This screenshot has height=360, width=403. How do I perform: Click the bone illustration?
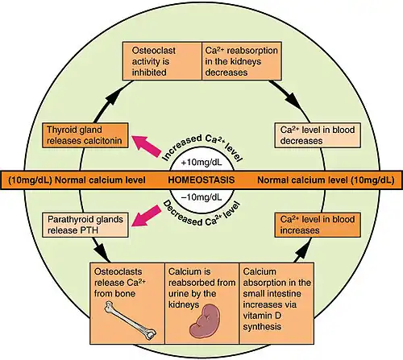tap(131, 321)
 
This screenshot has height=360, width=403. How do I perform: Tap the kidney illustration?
tap(206, 321)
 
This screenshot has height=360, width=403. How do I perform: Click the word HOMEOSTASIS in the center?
tap(201, 180)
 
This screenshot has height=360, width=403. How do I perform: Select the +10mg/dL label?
tap(201, 163)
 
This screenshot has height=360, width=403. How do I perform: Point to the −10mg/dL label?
tap(201, 197)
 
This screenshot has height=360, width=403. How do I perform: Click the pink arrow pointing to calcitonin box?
tap(147, 146)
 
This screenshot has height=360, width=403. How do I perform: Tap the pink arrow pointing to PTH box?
tap(147, 216)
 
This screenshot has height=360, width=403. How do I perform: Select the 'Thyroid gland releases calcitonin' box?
tap(85, 135)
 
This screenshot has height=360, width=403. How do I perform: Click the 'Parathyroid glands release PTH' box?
tap(85, 225)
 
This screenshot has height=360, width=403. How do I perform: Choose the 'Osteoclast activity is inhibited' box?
tap(162, 61)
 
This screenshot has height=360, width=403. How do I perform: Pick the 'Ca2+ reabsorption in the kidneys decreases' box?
tap(242, 61)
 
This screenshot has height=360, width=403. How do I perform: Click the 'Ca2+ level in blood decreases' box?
tap(318, 135)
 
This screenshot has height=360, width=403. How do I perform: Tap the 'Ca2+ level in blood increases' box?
tap(318, 225)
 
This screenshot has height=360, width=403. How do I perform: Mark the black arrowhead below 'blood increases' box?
tap(303, 252)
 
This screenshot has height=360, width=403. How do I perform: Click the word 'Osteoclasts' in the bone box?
tap(118, 271)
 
